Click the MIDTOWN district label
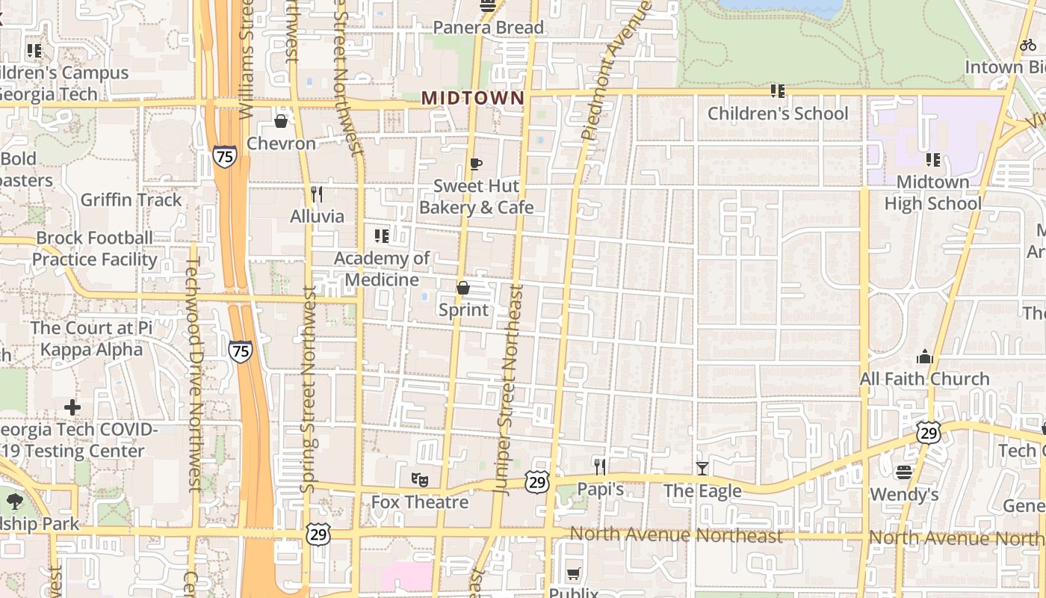point(473,98)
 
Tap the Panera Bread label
point(489,28)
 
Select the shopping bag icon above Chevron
point(281,120)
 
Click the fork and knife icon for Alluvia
point(317,194)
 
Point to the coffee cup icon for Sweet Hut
point(476,164)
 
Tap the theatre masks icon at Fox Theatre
point(420,479)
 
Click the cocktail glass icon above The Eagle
point(702,469)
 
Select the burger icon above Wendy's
point(904,472)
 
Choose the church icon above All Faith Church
point(925,357)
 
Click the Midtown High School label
point(932,193)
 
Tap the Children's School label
point(778,114)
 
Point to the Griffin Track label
point(131,200)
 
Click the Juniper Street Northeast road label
point(510,389)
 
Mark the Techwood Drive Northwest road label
point(194,374)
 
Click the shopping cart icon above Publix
point(573,573)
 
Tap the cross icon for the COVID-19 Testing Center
point(72,407)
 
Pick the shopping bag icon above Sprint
point(463,288)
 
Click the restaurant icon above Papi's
point(600,467)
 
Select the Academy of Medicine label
point(382,269)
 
